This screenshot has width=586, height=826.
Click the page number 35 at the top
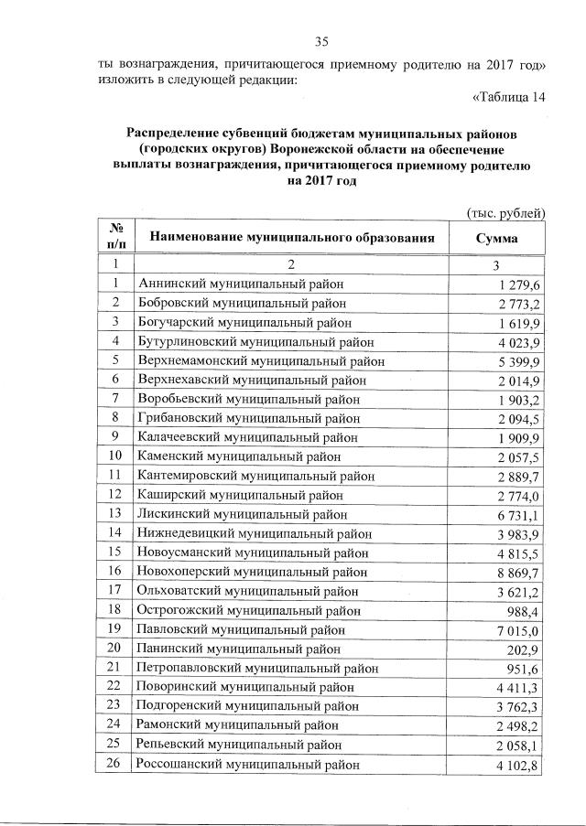tap(321, 41)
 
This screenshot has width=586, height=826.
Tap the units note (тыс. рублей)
tap(506, 213)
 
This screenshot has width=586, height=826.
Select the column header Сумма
tap(496, 239)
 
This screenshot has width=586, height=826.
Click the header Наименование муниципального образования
tap(290, 239)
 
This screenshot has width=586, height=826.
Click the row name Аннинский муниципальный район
tap(242, 284)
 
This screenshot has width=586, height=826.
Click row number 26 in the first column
tap(115, 764)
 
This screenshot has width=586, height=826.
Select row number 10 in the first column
tap(115, 456)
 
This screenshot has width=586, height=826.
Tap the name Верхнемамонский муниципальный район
tap(262, 360)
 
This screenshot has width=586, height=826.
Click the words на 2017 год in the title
tap(321, 181)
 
